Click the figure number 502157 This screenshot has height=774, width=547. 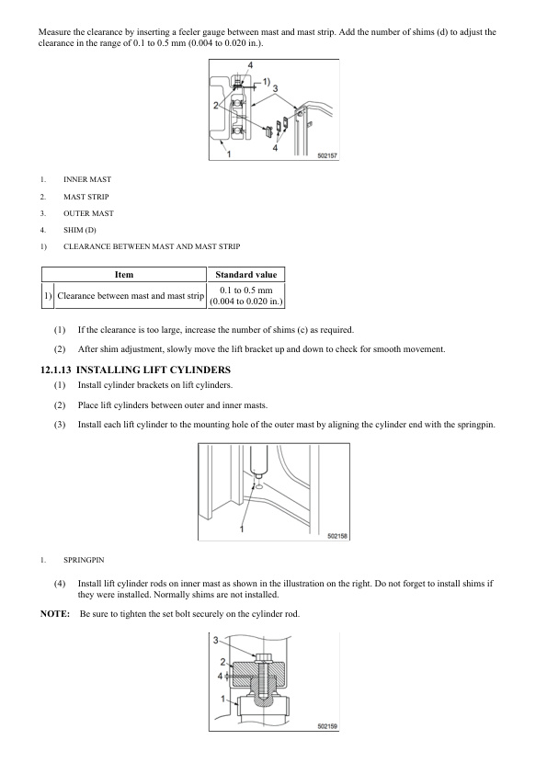coord(327,155)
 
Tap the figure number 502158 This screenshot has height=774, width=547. coord(337,536)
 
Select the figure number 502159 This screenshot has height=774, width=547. coord(327,725)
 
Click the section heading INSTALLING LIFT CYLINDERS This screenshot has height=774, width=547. coord(154,370)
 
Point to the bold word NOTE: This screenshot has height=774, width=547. coord(55,613)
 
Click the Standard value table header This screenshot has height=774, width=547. coord(245,275)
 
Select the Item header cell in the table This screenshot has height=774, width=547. coord(124,275)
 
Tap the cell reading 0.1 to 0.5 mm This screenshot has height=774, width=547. coord(245,290)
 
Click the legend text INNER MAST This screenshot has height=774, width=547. coord(87,179)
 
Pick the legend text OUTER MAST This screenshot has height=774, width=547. coord(88,213)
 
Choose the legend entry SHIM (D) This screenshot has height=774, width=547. coord(80,230)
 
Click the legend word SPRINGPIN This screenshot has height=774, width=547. coord(84,560)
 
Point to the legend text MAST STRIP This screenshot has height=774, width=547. coord(85,197)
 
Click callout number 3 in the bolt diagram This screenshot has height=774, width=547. coord(215,640)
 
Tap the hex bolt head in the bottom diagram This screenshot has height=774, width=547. coord(263,657)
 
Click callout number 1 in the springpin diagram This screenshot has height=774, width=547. coord(242,529)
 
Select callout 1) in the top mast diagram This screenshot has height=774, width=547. coord(266,82)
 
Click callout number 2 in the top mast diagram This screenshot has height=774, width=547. coord(216,105)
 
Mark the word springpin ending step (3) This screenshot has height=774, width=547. coord(475,425)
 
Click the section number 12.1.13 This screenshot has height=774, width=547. coord(56,370)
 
